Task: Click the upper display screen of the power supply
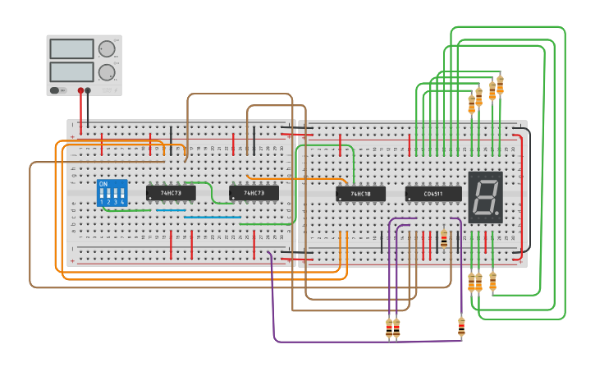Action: coord(72,50)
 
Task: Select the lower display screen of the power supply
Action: coord(72,71)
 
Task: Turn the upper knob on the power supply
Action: coord(107,49)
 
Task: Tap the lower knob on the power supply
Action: coord(107,72)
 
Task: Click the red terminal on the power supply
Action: coord(80,90)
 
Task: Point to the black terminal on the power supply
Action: coord(88,90)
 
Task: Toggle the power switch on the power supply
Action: coord(56,90)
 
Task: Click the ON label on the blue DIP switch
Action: coord(103,184)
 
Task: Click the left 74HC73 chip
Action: coord(171,193)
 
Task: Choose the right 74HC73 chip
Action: coord(254,193)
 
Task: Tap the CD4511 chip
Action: coord(433,194)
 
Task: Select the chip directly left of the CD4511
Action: coord(360,194)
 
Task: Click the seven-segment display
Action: coord(484,197)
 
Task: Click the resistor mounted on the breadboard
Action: coord(444,239)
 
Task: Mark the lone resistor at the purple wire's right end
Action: coord(461,327)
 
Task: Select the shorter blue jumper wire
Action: coord(171,210)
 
